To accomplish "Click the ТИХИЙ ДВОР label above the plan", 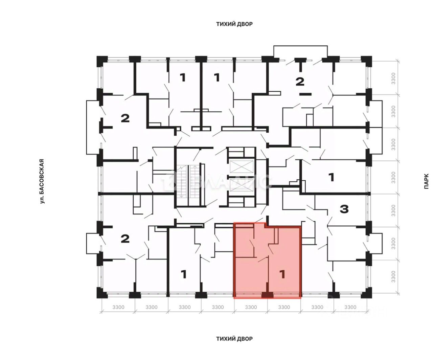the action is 234,24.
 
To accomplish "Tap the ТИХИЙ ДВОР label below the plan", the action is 234,339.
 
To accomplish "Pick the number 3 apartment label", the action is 344,209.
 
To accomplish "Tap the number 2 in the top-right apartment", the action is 300,82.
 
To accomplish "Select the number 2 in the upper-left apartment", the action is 125,118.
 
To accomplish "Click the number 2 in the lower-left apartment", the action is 125,239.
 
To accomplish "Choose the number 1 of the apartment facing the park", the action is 332,177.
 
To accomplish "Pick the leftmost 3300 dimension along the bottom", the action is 118,307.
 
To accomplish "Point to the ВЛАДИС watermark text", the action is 233,182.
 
